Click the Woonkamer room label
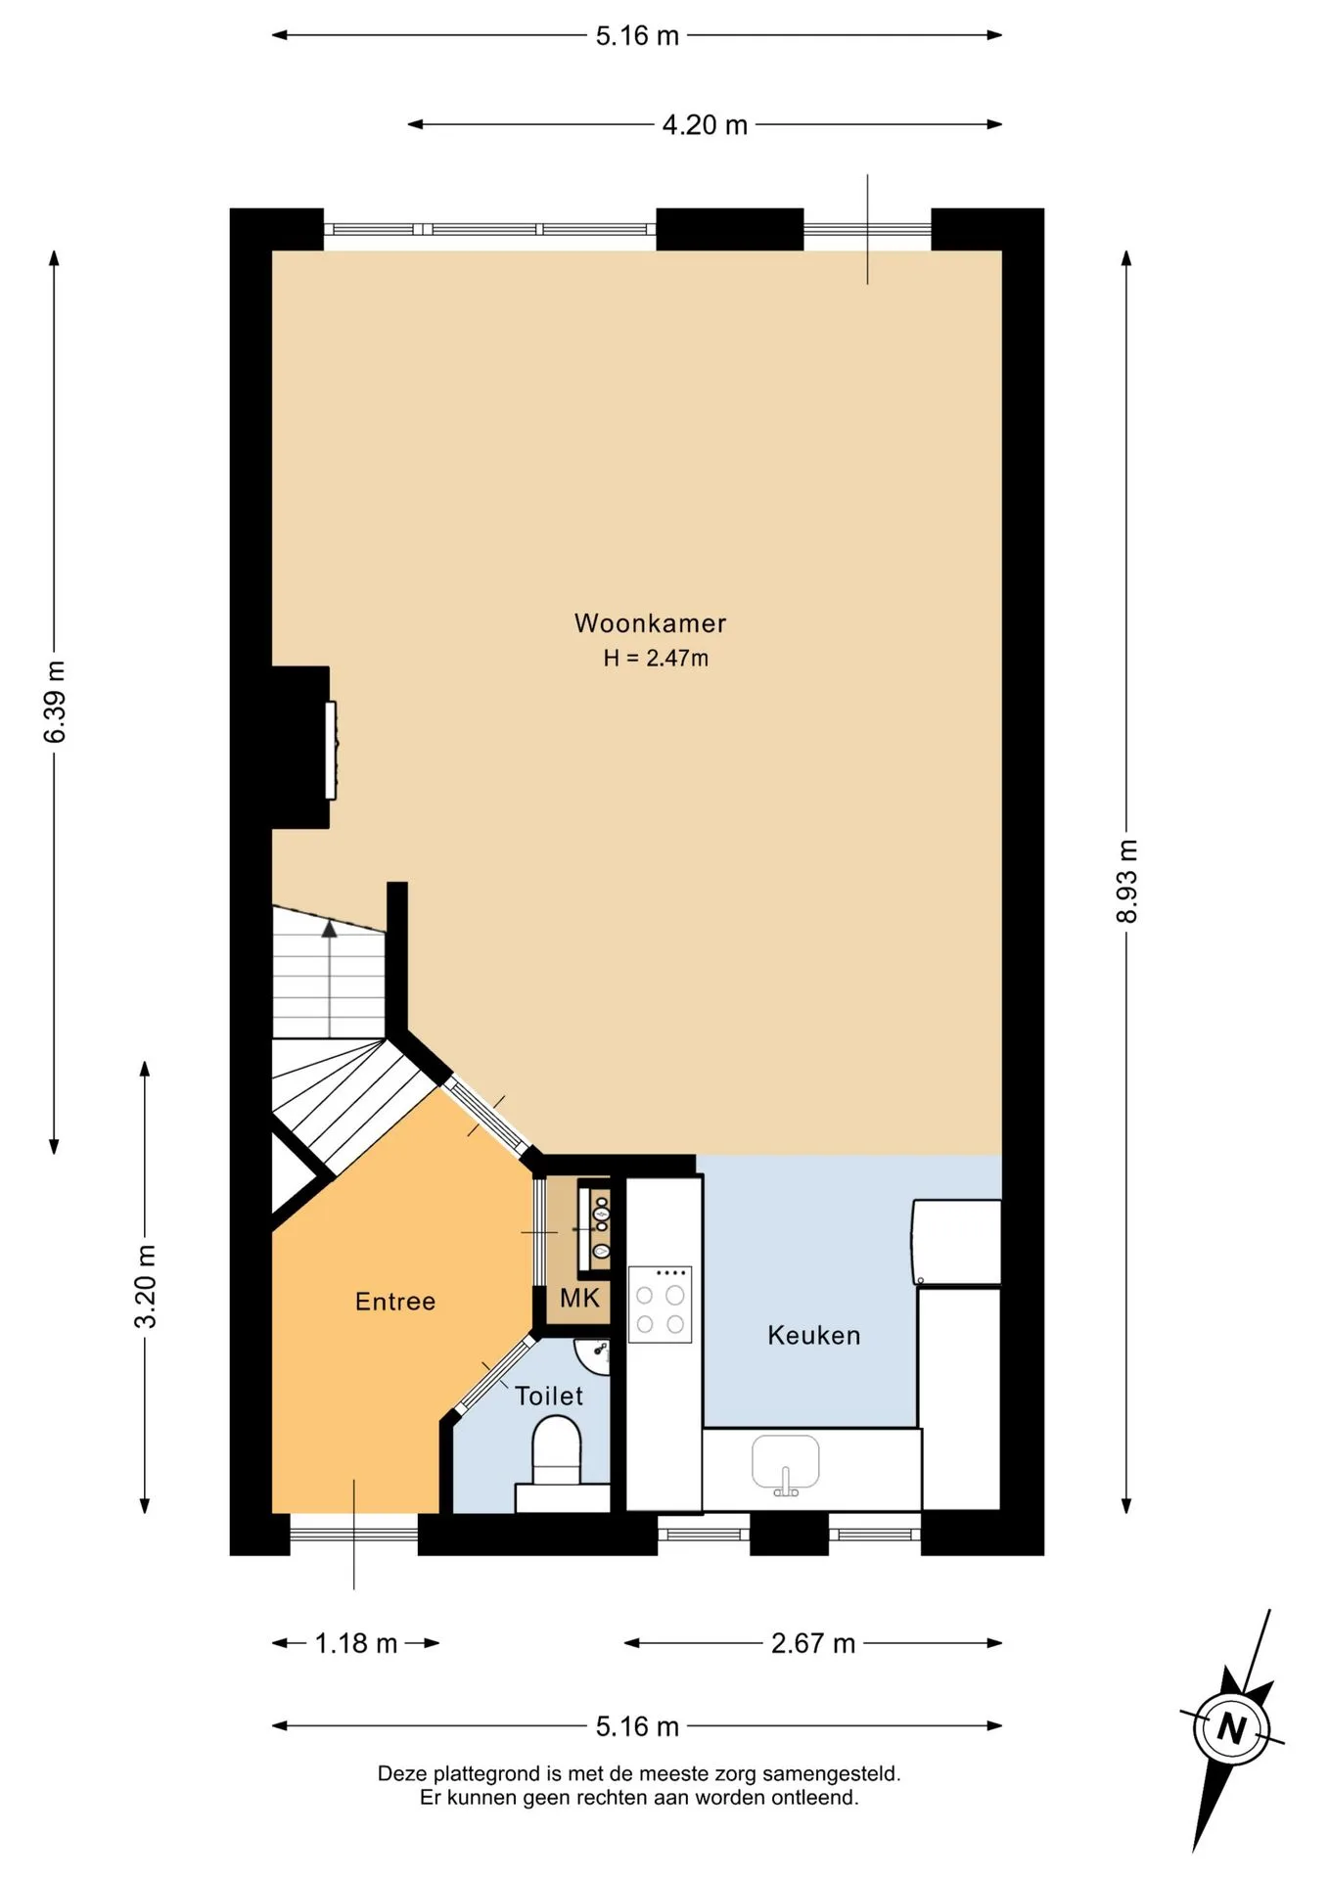click(650, 623)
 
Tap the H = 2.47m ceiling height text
click(656, 658)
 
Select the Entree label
click(395, 1302)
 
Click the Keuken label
click(813, 1336)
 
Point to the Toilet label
click(549, 1397)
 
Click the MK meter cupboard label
click(579, 1299)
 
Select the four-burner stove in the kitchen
click(661, 1305)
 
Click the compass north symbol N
click(1232, 1728)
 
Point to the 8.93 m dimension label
click(1126, 881)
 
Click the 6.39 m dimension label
click(55, 702)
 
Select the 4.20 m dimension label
click(705, 125)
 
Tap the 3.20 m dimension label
click(145, 1287)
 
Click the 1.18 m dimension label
click(356, 1643)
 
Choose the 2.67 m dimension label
click(813, 1643)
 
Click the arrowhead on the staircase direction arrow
click(330, 929)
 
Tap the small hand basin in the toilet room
click(593, 1356)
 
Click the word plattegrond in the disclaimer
click(498, 1773)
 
